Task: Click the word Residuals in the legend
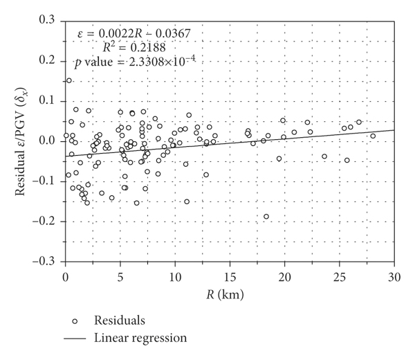pos(116,321)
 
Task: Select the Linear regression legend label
pos(140,339)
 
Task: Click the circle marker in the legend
pos(74,321)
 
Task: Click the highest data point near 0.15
pos(69,80)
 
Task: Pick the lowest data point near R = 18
pos(266,217)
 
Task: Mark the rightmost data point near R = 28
pos(373,136)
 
